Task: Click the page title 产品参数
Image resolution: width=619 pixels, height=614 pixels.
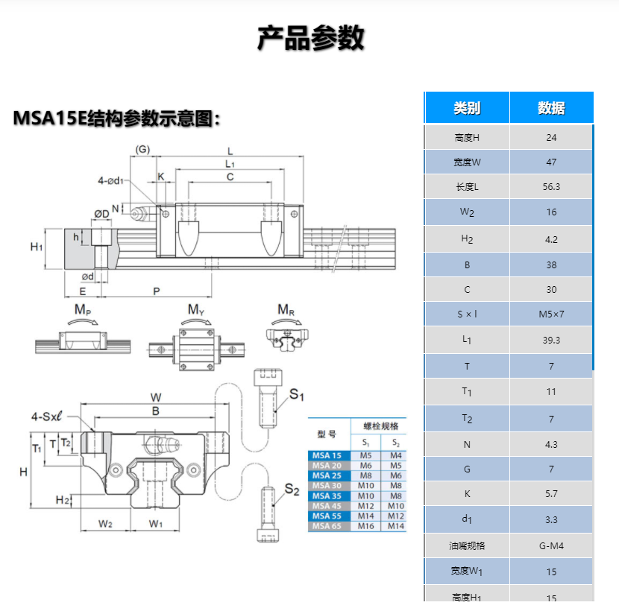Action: pos(310,38)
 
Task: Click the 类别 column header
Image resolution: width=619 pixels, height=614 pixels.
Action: pos(467,108)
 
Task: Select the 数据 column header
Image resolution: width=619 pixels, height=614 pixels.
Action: pos(551,108)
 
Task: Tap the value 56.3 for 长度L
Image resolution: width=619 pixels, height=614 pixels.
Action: pos(551,187)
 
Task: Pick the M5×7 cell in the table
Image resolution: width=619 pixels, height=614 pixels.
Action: pos(551,314)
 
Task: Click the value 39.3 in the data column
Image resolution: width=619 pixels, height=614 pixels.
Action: pos(551,340)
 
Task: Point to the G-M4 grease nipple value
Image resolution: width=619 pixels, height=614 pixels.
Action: pos(551,545)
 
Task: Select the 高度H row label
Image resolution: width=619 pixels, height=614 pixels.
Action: pos(467,137)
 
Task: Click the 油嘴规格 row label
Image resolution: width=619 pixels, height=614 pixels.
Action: pos(467,545)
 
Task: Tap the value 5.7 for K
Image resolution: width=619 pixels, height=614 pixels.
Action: pos(551,493)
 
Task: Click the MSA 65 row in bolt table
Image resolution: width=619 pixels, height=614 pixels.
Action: pos(327,526)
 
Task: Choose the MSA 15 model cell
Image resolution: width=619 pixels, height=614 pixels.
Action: pos(327,455)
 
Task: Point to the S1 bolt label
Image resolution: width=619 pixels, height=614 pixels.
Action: pos(297,394)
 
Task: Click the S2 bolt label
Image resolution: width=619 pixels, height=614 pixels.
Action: pos(292,490)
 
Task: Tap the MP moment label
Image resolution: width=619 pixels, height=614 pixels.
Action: pos(83,309)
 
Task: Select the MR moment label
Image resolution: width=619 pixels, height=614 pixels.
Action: pos(287,309)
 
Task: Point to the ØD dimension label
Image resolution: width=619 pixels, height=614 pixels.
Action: pos(101,214)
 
